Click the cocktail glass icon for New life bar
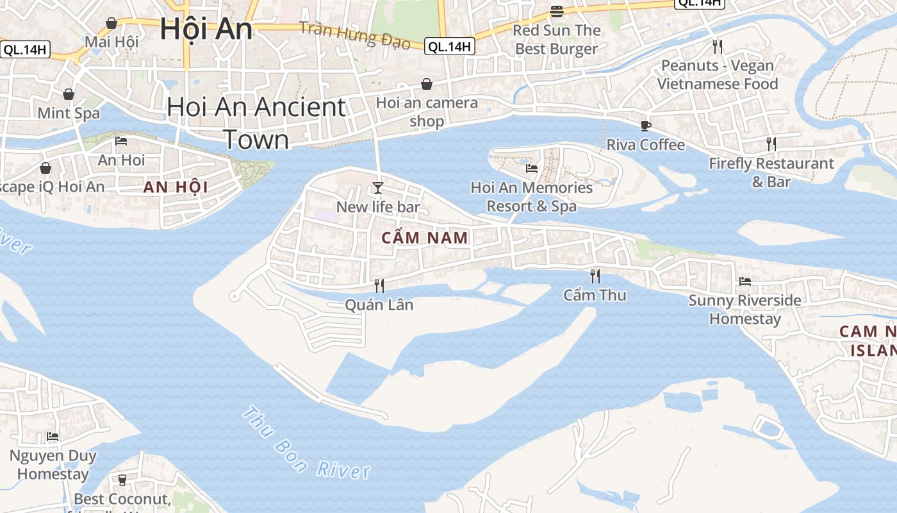tap(378, 187)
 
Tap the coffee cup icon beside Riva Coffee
tap(645, 126)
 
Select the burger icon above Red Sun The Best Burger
tap(556, 11)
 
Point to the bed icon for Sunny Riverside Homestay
tap(745, 281)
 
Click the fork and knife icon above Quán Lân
tap(379, 285)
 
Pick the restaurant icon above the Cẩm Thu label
tap(595, 276)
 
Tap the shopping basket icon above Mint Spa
tap(69, 94)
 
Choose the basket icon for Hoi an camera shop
tap(427, 84)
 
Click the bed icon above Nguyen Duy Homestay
tap(53, 437)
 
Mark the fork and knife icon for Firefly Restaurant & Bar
tap(771, 144)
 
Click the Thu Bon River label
tap(306, 444)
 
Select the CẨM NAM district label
tap(425, 238)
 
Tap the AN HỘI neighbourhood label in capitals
tap(176, 187)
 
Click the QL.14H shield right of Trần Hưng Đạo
tap(450, 46)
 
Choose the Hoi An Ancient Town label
tap(256, 123)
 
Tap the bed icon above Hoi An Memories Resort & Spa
tap(532, 169)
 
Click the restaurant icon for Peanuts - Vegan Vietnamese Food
tap(718, 46)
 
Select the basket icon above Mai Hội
tap(111, 23)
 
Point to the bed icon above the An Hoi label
tap(121, 141)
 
